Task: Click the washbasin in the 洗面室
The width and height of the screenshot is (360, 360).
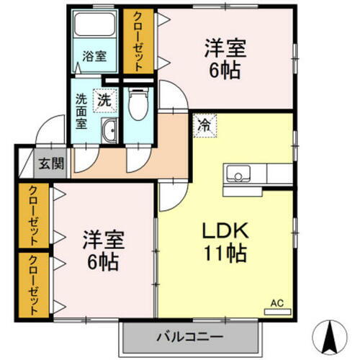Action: coord(110,132)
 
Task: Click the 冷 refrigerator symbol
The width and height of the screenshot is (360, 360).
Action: coord(204,124)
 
